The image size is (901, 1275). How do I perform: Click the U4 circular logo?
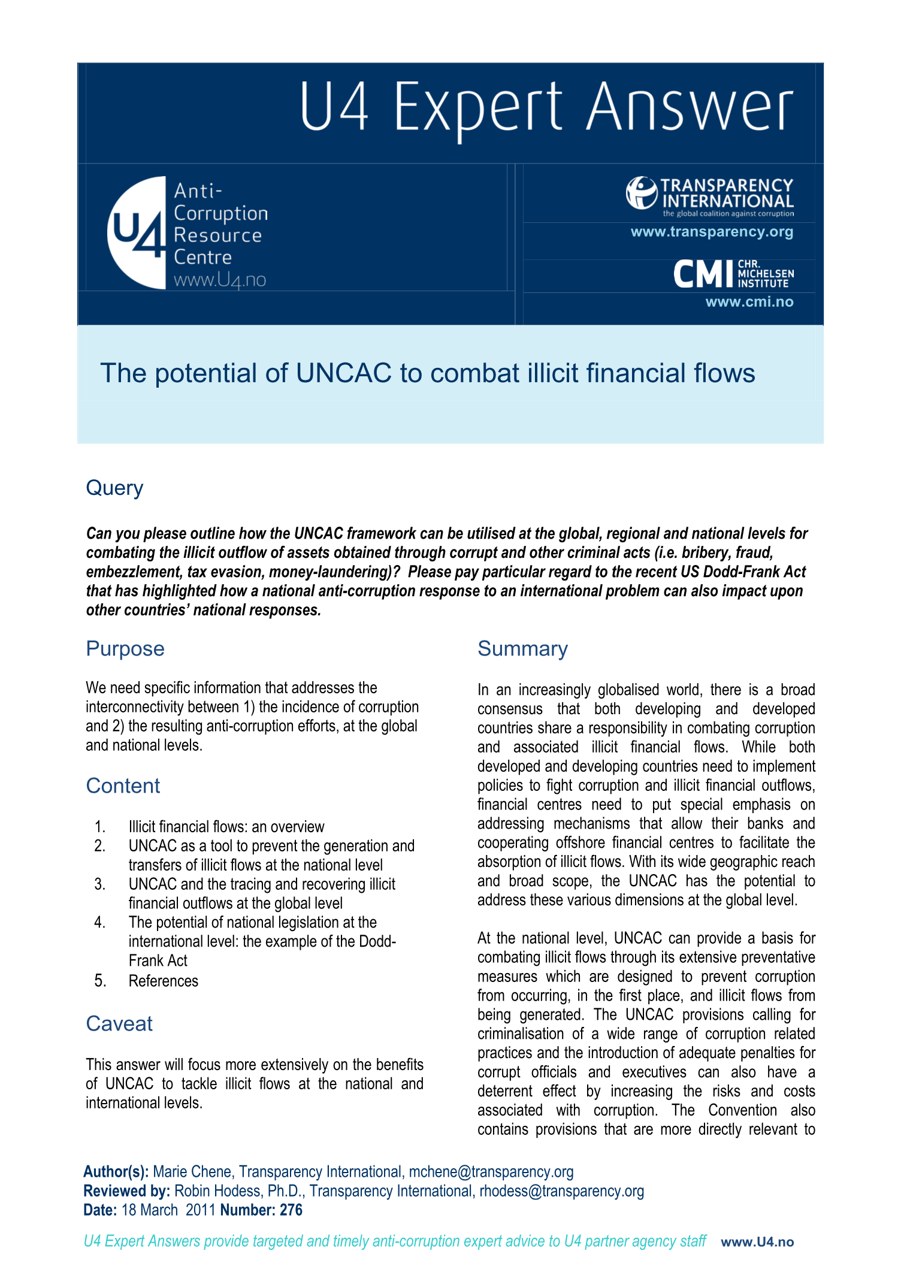[137, 232]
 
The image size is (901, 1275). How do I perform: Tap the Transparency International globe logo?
[642, 193]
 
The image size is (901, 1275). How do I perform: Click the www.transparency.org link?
[712, 232]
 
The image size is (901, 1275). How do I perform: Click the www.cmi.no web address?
[749, 302]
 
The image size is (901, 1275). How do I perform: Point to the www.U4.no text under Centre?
[219, 280]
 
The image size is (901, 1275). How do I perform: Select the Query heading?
[114, 488]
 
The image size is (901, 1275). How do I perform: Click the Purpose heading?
[125, 649]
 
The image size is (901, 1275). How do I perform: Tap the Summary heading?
[522, 649]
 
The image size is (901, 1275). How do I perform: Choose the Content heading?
[123, 786]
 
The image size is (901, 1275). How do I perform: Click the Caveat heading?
[119, 1024]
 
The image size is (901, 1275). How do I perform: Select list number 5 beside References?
[100, 981]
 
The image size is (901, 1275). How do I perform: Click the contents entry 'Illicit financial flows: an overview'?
[226, 827]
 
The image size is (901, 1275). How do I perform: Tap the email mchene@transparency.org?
[491, 1171]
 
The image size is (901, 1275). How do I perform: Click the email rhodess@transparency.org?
[561, 1191]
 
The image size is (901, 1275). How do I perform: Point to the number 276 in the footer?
[291, 1210]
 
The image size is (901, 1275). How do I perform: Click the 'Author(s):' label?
[116, 1171]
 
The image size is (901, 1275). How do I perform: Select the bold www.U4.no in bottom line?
[757, 1242]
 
